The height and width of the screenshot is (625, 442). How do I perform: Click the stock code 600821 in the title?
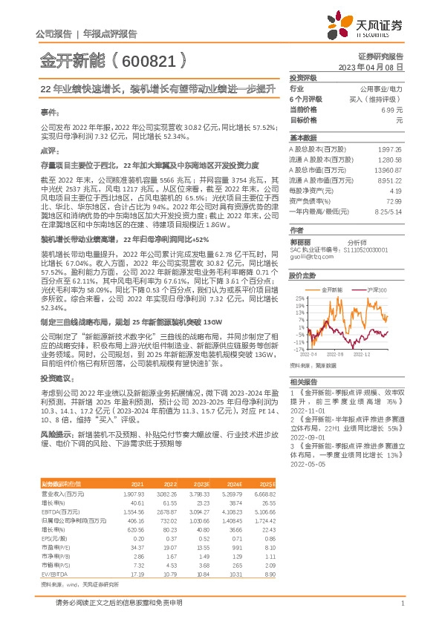149,59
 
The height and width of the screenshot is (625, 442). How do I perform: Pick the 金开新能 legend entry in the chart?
331,288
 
